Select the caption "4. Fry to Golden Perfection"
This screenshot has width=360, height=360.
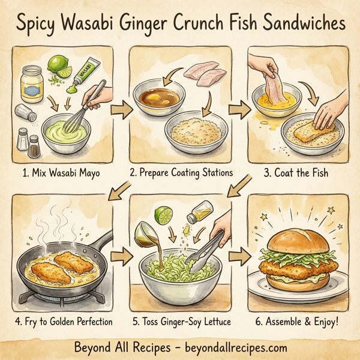click(62, 322)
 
